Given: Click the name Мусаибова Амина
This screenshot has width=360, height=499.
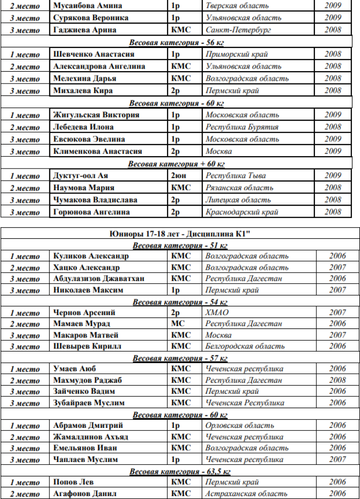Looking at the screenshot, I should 87,6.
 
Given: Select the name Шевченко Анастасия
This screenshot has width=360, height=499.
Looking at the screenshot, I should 94,54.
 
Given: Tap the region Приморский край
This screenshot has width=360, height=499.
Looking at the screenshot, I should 237,54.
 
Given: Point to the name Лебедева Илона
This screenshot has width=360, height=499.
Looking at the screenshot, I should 84,127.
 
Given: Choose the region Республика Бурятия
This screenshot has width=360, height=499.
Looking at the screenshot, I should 242,127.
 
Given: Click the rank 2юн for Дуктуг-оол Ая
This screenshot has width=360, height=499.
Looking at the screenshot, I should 179,176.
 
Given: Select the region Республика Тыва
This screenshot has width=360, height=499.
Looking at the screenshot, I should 236,176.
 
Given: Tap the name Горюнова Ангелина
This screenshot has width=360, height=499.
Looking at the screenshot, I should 91,212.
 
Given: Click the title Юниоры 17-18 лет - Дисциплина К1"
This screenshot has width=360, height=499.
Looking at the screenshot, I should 180,235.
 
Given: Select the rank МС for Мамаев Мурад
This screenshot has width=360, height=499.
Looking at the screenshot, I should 178,324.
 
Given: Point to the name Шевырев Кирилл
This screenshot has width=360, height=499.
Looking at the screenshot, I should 87,346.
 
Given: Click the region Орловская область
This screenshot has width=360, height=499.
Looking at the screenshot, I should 240,426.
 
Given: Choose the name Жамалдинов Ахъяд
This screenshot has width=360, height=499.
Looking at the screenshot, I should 90,437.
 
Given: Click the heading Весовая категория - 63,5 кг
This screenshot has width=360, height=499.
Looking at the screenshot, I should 180,471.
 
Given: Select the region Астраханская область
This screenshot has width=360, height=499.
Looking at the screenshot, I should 246,493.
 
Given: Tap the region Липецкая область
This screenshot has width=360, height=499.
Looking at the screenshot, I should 238,200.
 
